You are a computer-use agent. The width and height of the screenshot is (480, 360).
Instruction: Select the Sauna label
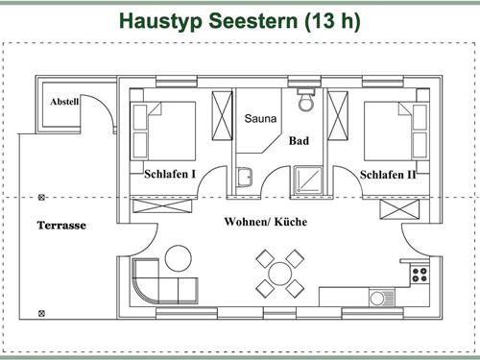260,119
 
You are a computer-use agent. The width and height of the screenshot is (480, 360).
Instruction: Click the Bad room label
299,140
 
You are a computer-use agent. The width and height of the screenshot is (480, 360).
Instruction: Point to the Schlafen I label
170,175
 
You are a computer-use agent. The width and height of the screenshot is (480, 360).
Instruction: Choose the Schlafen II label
387,175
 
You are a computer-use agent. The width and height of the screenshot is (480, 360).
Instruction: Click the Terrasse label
61,226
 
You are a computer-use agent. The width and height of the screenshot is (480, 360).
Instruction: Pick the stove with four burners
419,273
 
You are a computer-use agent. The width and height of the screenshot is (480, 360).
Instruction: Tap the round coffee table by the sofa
179,256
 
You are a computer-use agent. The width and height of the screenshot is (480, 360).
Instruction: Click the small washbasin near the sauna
246,175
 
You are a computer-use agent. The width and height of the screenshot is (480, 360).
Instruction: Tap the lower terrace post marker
40,313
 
